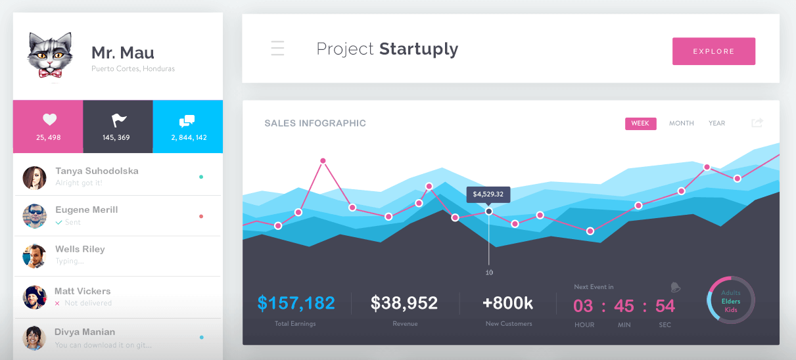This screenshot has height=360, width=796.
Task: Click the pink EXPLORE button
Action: pos(713,51)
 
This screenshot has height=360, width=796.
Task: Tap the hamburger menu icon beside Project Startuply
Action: pos(277,49)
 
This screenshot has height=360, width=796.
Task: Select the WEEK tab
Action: pos(640,124)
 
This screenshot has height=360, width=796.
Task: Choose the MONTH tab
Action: pos(681,124)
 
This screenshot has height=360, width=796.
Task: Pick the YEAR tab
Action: pos(716,124)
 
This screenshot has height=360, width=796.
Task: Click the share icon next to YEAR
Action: pos(757,123)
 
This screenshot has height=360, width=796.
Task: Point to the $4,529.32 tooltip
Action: pos(488,194)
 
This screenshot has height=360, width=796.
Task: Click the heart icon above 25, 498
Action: pos(49,120)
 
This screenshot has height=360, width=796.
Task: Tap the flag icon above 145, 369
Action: pos(119,120)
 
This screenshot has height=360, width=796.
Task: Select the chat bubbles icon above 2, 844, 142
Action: pos(187,121)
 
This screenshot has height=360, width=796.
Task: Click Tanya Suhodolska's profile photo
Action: pos(34,177)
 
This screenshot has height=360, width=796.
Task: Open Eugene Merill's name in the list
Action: pos(87,210)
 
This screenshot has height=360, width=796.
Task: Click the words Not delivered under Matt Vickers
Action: pos(88,304)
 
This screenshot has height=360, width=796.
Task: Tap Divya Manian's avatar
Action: pos(34,338)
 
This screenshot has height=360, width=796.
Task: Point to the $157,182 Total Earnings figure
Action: pos(296,303)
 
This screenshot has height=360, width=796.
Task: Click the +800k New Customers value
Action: pos(507,303)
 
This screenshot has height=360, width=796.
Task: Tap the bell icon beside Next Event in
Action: pos(675,287)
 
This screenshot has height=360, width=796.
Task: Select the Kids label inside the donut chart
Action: pos(731,309)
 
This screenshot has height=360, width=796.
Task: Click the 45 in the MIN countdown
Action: pos(624,305)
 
